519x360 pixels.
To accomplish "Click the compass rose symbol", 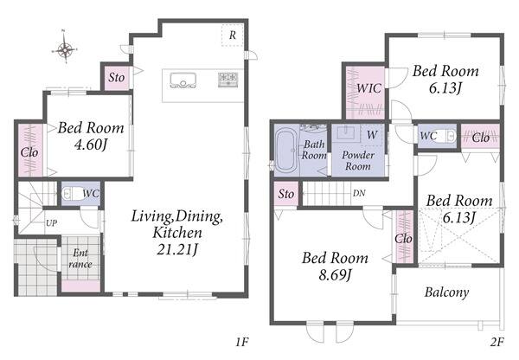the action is click(x=65, y=49).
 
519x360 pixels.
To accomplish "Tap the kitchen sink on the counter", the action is click(x=183, y=80).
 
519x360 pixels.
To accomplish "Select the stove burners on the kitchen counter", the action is click(x=227, y=80).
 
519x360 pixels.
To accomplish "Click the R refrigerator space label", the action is click(x=233, y=35).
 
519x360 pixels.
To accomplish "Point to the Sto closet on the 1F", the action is click(x=117, y=78).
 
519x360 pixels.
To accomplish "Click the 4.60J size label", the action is click(x=90, y=145).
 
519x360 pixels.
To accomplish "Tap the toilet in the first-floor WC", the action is click(x=73, y=193).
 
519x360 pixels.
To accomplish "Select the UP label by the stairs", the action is click(x=51, y=223).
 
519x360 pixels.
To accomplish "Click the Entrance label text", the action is click(x=80, y=259).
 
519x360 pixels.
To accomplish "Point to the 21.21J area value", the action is click(x=177, y=249).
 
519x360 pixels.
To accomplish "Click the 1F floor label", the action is click(x=242, y=342).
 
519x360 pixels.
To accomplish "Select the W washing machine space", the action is click(x=372, y=135).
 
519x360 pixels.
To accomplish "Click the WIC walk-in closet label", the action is click(x=369, y=88).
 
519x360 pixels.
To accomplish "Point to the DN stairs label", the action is click(x=359, y=193).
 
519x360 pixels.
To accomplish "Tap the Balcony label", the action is click(x=447, y=292).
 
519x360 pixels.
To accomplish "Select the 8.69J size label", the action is click(x=335, y=274).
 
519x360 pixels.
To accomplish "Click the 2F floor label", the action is click(x=497, y=342).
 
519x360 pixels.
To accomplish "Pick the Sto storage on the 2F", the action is click(x=286, y=194).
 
